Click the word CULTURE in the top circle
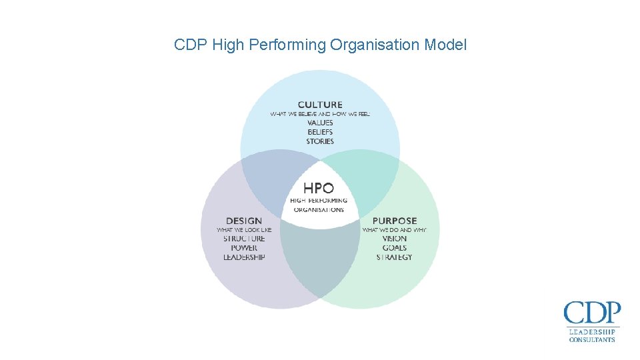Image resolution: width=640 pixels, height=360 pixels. (320, 105)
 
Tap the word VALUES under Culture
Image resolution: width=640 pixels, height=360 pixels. (320, 123)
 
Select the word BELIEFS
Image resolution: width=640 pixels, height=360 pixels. (320, 132)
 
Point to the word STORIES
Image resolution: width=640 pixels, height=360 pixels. (320, 141)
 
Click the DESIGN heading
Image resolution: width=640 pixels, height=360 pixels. (244, 221)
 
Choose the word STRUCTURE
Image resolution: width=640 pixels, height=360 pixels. (244, 239)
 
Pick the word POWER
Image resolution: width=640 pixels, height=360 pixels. (244, 248)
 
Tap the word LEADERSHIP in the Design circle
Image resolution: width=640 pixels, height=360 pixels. (244, 257)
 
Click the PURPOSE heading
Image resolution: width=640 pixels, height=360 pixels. (395, 221)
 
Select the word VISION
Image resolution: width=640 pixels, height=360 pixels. (395, 239)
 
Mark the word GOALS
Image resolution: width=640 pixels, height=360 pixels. (395, 248)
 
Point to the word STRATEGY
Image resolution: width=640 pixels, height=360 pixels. (395, 257)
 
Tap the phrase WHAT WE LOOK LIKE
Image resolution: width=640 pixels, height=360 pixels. (244, 230)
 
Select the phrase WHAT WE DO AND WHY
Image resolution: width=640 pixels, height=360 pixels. (395, 230)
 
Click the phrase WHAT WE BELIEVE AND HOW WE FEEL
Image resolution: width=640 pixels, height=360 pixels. (320, 114)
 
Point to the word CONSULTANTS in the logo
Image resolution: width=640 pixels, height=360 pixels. (592, 340)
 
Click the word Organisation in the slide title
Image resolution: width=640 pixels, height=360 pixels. (375, 45)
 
